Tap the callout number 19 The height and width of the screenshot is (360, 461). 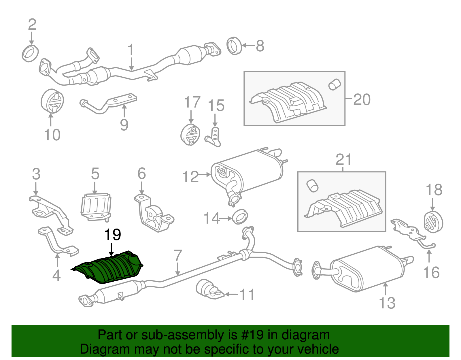click(x=113, y=235)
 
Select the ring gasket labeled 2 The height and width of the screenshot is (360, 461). click(x=30, y=53)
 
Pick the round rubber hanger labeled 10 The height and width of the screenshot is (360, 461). click(x=52, y=101)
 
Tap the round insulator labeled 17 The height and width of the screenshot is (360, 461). click(x=190, y=135)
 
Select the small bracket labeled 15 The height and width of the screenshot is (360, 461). click(x=214, y=137)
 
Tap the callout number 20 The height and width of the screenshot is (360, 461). click(x=362, y=99)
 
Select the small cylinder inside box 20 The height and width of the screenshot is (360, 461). click(x=335, y=84)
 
